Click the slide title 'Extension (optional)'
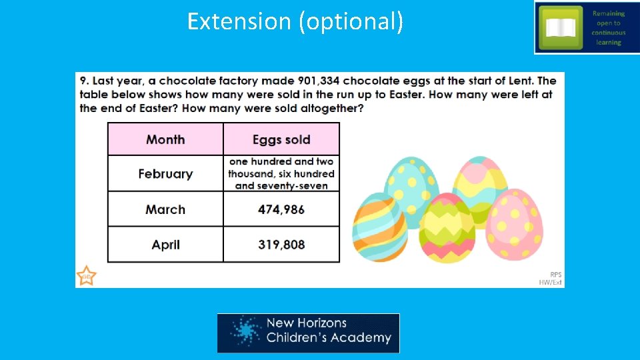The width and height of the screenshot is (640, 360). click(295, 21)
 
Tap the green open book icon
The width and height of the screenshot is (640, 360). click(560, 27)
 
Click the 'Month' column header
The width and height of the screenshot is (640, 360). click(165, 139)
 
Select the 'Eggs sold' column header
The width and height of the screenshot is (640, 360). click(281, 139)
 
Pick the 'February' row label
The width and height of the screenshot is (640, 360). click(165, 174)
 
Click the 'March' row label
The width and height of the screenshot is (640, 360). click(165, 209)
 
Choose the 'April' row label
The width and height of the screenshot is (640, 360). click(165, 245)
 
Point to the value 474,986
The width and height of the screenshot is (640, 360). click(281, 209)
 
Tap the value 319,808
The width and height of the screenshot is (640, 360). click(281, 245)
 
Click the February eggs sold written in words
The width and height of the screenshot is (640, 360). click(281, 173)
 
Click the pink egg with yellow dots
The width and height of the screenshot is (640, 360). click(514, 224)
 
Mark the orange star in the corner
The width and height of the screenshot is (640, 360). click(86, 276)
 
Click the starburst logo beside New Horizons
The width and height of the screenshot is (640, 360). click(245, 332)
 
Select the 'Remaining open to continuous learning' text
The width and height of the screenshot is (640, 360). click(608, 27)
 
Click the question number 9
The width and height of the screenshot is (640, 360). click(84, 81)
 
